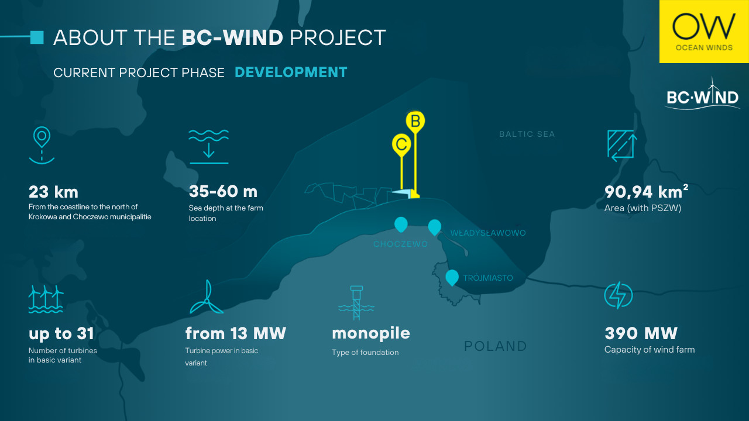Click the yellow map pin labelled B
(415, 122)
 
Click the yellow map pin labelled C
(401, 145)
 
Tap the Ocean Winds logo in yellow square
(704, 32)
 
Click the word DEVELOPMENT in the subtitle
(291, 73)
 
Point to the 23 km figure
(53, 192)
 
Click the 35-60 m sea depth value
(223, 191)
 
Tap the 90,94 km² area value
(646, 191)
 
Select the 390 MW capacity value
(641, 333)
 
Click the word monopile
(371, 334)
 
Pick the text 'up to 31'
(61, 334)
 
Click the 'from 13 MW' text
(235, 333)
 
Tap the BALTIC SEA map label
(527, 134)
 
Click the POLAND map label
(496, 346)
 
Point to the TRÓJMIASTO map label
(488, 278)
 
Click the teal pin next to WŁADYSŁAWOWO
(435, 227)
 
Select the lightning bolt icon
(619, 295)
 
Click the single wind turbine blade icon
(207, 298)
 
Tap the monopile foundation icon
(356, 303)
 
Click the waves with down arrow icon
(209, 147)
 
